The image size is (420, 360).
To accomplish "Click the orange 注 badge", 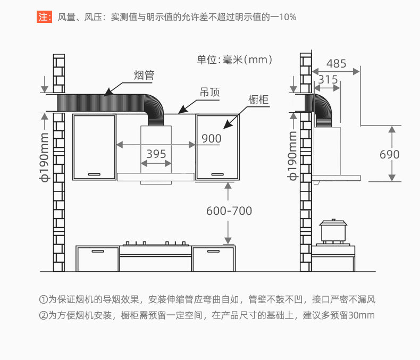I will point(44,17).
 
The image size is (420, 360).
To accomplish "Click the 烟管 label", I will point(143,76).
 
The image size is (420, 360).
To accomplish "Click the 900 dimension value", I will point(211,139).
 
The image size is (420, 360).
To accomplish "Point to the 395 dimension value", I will point(156,154).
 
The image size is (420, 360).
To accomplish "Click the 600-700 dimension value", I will point(229,211).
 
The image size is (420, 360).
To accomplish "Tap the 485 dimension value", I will point(336,64).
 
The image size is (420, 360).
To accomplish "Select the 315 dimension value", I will point(327,80).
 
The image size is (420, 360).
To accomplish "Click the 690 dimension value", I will point(390,155).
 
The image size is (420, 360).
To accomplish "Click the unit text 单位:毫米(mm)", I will point(235,60).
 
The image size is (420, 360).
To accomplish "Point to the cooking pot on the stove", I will point(333,231).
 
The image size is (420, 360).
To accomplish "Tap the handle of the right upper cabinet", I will point(217,174).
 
